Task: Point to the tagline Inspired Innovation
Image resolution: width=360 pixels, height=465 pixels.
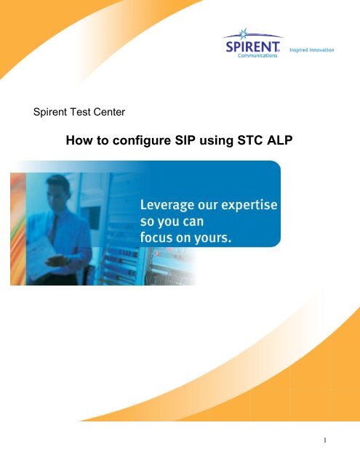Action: point(311,50)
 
